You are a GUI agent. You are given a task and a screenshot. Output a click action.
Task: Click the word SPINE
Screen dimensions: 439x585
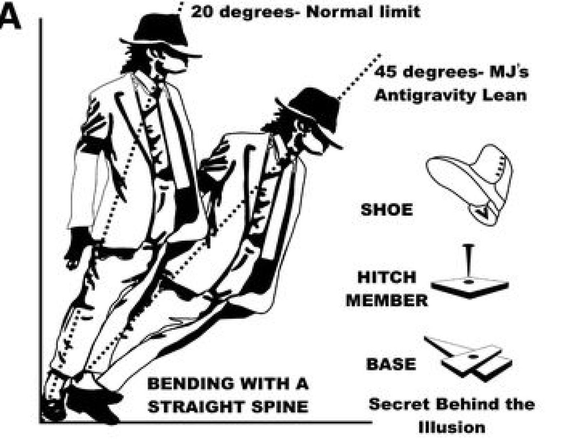[277, 406]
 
